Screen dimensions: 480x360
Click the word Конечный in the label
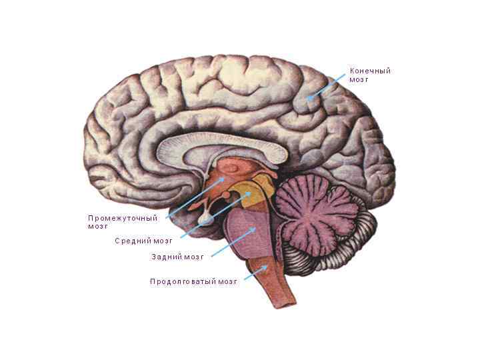(x=370, y=71)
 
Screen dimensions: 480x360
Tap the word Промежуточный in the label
(x=123, y=218)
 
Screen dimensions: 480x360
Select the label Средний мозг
(x=143, y=241)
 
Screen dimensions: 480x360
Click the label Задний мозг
(x=177, y=257)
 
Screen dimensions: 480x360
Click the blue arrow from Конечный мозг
(x=327, y=87)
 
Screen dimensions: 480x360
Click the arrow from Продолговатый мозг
(x=257, y=272)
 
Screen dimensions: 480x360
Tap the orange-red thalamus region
(x=230, y=171)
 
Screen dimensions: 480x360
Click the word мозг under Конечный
(x=359, y=80)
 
